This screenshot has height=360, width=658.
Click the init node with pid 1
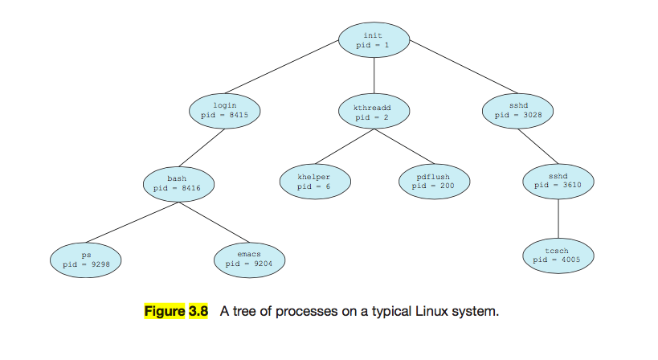[x=374, y=40]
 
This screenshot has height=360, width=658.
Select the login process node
[x=225, y=110]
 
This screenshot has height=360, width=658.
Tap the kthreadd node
[x=374, y=112]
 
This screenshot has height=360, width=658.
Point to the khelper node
[x=314, y=182]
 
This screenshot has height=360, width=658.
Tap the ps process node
[x=87, y=258]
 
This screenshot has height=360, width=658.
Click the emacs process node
[x=249, y=258]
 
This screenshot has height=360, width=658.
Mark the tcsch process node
[x=557, y=255]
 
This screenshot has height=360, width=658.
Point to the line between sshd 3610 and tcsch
[x=558, y=217]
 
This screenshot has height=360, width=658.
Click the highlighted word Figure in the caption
[x=164, y=310]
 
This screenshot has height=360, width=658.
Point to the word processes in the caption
[x=292, y=310]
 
